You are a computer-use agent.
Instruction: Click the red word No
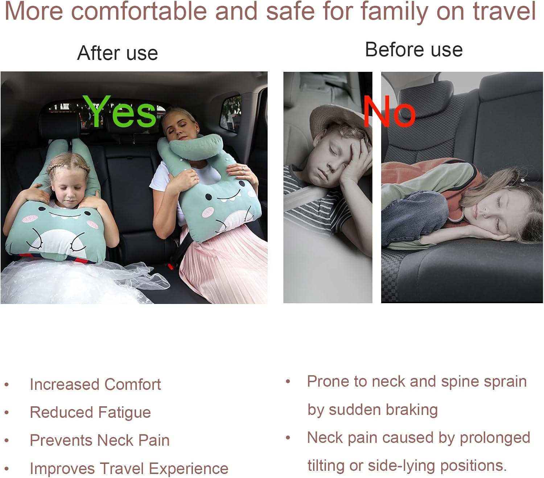click(x=389, y=112)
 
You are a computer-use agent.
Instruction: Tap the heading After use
click(x=118, y=53)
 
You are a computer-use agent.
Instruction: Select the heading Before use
click(x=414, y=49)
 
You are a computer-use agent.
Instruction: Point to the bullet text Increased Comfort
click(x=95, y=384)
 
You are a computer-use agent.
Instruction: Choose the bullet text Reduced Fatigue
click(x=90, y=412)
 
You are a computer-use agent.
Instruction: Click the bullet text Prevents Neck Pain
click(x=99, y=440)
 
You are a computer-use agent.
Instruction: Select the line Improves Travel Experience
click(x=129, y=468)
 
